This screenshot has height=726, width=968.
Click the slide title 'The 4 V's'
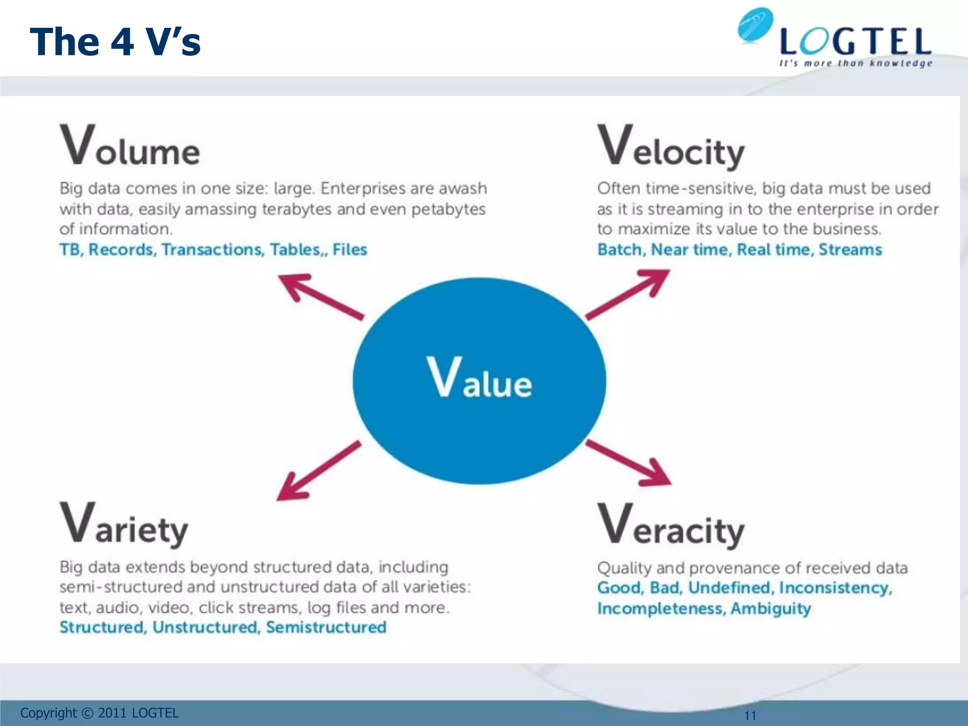click(115, 42)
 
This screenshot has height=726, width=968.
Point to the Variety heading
click(124, 525)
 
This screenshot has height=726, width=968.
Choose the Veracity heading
click(671, 526)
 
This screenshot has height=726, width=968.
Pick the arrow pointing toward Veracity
click(629, 463)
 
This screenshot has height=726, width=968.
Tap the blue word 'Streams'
click(850, 250)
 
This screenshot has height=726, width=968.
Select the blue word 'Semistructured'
click(326, 627)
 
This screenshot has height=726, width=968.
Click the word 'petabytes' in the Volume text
click(448, 209)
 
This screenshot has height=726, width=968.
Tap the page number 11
click(750, 715)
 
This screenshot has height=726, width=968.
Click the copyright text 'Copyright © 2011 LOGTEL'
click(99, 713)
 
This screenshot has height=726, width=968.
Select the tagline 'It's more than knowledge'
click(856, 63)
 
